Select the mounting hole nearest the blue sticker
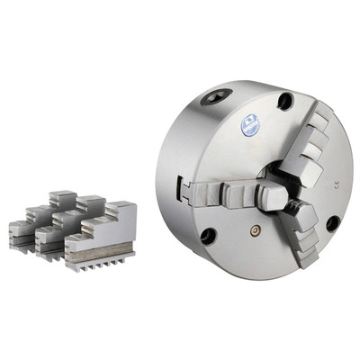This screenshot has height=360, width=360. click(x=286, y=101)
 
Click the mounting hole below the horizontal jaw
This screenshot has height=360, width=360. click(x=208, y=236)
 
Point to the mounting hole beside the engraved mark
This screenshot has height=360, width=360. click(x=332, y=223)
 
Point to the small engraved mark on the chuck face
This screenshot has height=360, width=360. click(x=334, y=186)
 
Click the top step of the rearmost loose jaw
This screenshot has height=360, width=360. click(x=62, y=195)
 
